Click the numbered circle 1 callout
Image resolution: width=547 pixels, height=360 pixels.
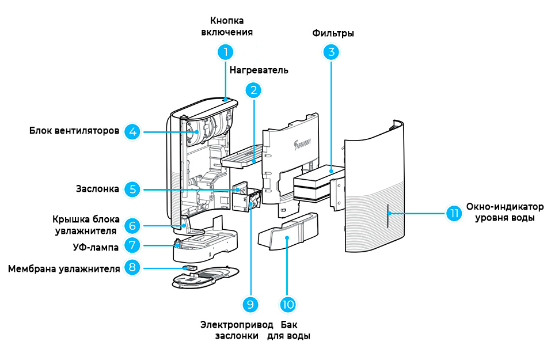pyautogui.click(x=226, y=52)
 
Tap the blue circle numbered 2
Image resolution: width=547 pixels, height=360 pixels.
pyautogui.click(x=253, y=90)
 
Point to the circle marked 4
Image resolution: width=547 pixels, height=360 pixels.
pyautogui.click(x=133, y=132)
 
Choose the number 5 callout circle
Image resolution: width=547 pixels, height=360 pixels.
pyautogui.click(x=133, y=189)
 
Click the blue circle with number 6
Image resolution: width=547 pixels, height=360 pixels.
pyautogui.click(x=133, y=225)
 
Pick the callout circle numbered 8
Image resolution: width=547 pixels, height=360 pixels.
pyautogui.click(x=133, y=268)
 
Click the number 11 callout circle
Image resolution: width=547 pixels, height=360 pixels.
pyautogui.click(x=454, y=213)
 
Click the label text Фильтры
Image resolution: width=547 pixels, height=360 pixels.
pyautogui.click(x=333, y=33)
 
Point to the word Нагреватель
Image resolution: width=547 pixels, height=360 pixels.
pyautogui.click(x=259, y=70)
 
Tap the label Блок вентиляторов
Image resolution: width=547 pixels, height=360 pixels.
pyautogui.click(x=75, y=131)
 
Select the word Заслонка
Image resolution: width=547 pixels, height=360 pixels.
pyautogui.click(x=98, y=189)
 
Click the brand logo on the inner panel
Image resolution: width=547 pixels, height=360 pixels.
pyautogui.click(x=301, y=140)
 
